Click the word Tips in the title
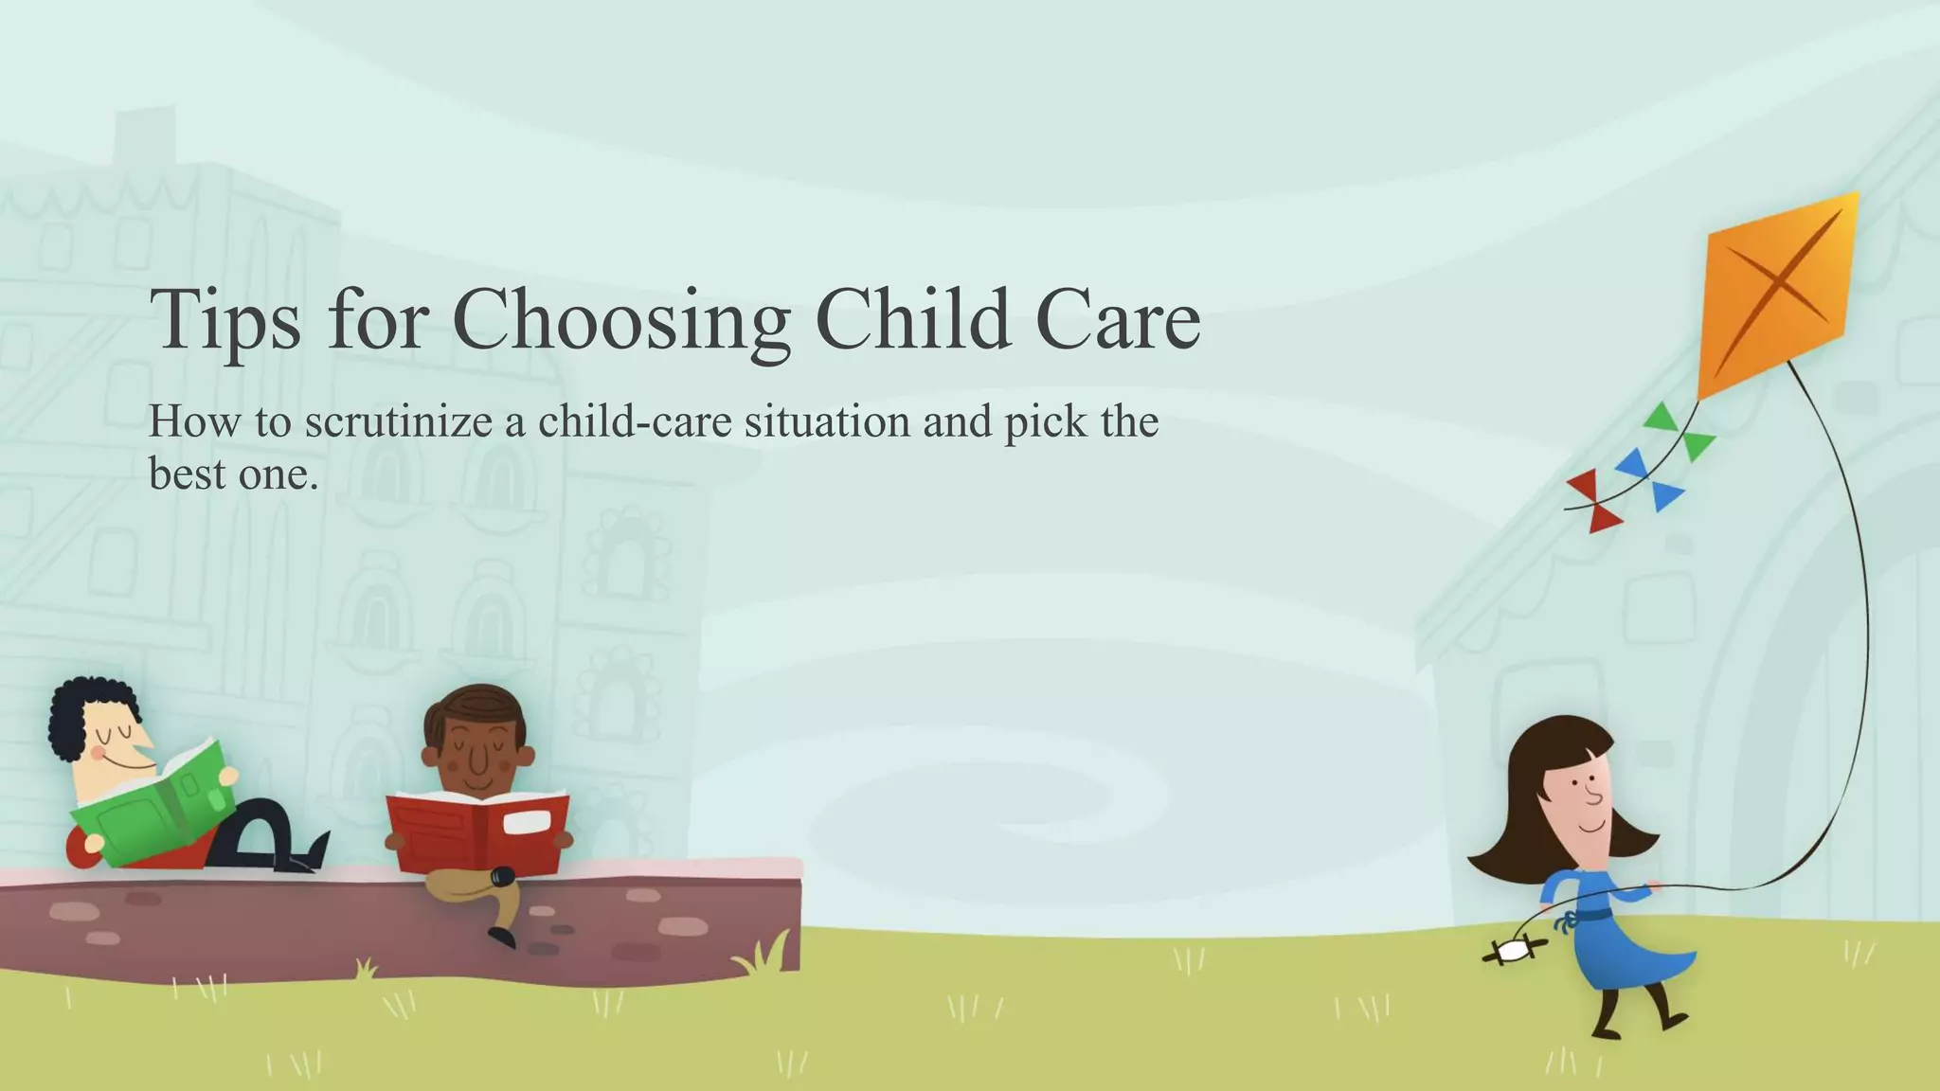point(225,320)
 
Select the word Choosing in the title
point(620,320)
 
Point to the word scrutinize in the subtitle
point(398,422)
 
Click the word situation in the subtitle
point(827,422)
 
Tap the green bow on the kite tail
point(1680,431)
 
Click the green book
point(152,805)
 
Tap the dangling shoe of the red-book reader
point(502,937)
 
